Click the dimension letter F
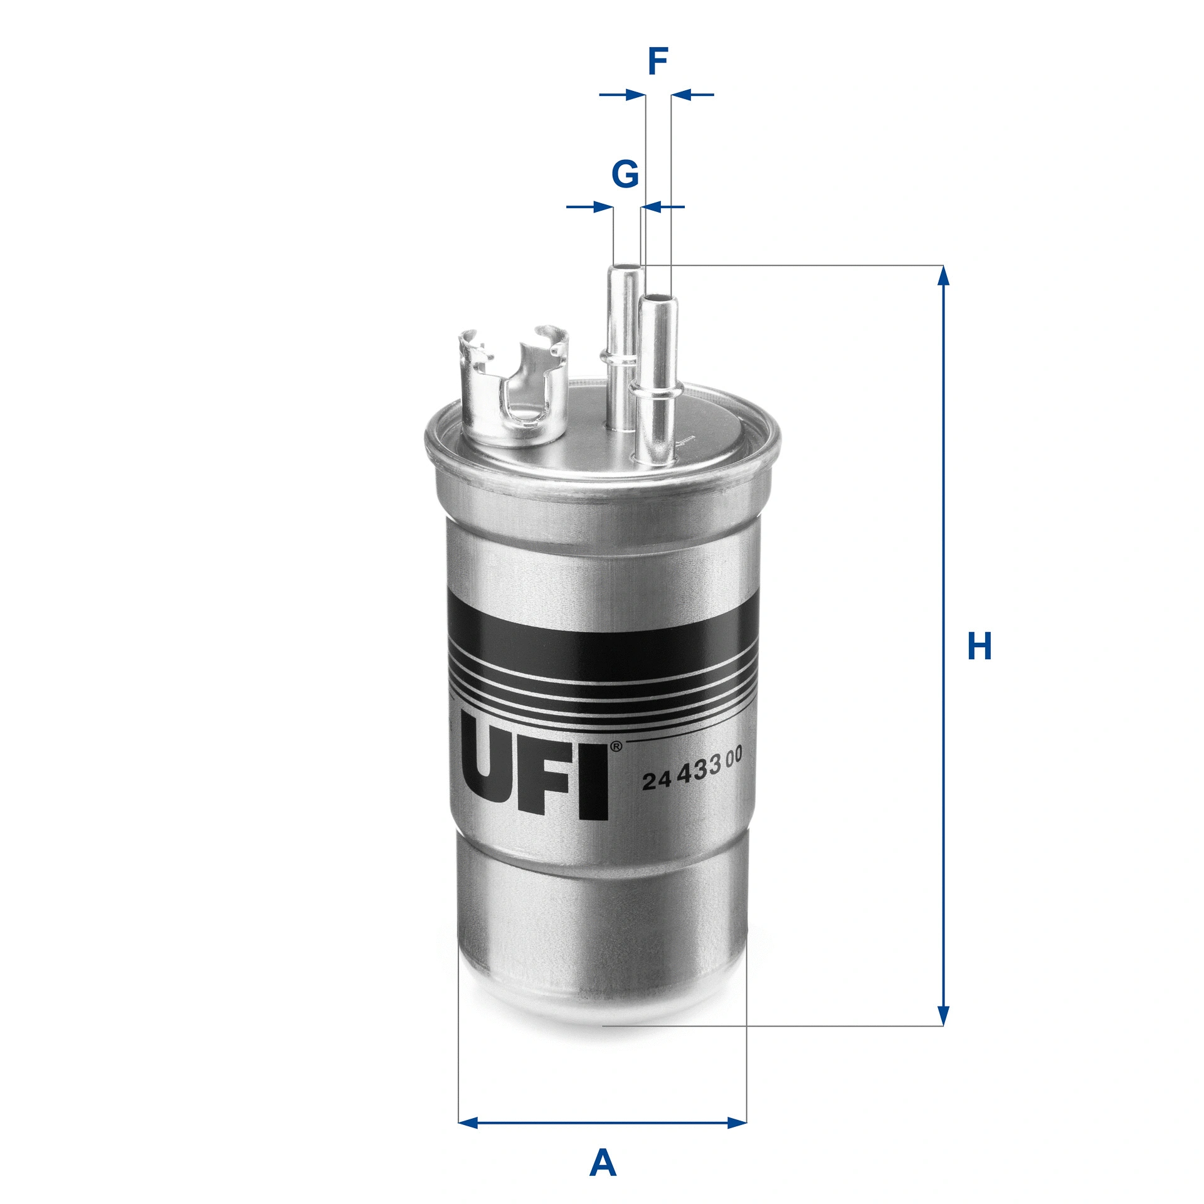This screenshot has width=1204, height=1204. click(657, 61)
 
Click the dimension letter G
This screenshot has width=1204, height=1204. click(625, 174)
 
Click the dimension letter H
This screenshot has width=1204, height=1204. click(980, 647)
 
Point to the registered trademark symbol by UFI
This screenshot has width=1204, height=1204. click(616, 747)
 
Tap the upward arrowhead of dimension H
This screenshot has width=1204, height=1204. click(943, 276)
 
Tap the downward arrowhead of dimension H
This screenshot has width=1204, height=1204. click(943, 1015)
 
